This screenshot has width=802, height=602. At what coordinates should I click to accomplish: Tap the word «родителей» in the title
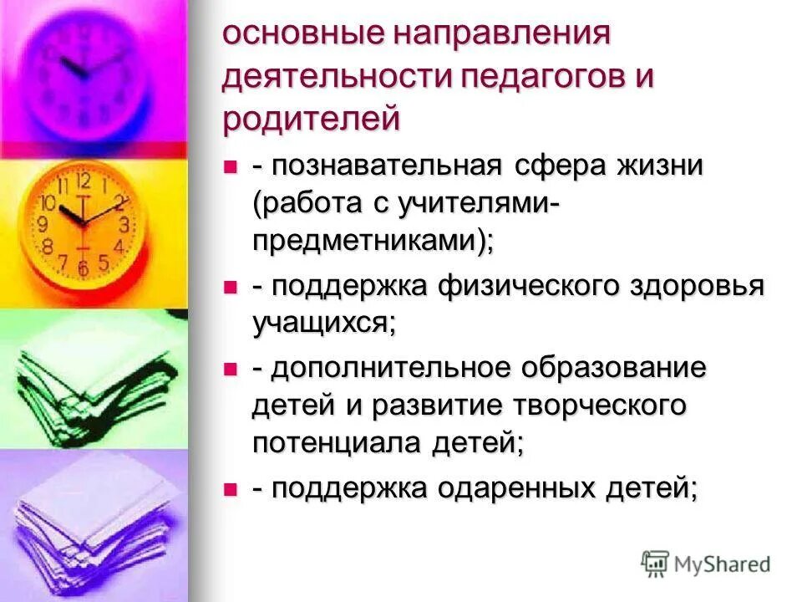tap(312, 118)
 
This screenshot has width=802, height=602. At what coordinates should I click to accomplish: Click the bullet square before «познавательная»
tap(230, 166)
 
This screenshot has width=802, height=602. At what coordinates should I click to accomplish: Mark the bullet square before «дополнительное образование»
tap(230, 369)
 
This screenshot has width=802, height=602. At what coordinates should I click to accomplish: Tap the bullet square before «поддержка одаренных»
tap(230, 490)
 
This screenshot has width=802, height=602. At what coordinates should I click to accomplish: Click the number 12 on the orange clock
tap(83, 181)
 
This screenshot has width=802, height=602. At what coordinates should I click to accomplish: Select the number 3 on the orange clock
tap(124, 224)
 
